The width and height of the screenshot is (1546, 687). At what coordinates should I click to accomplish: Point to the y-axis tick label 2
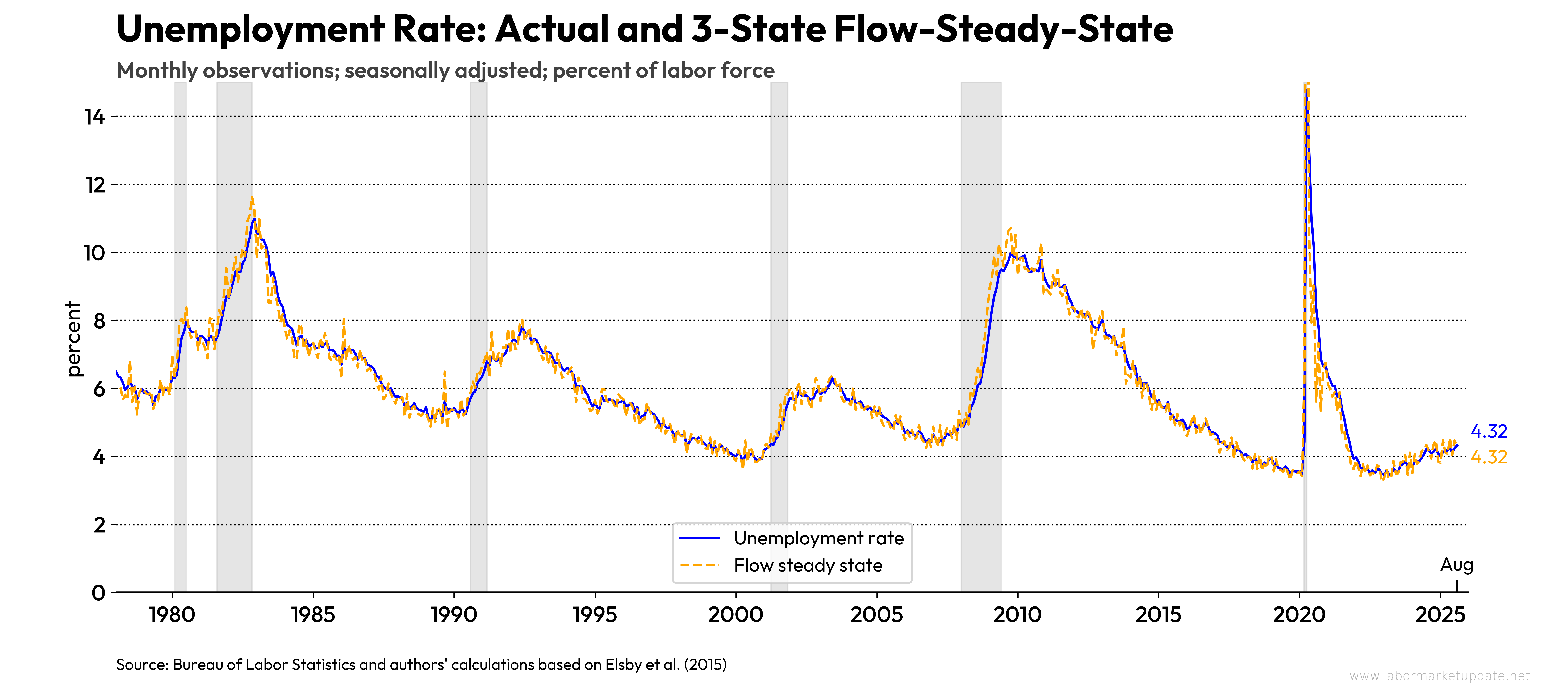(99, 525)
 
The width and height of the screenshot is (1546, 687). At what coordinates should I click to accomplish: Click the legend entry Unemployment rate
(818, 538)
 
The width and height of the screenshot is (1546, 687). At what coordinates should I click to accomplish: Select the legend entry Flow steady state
(808, 565)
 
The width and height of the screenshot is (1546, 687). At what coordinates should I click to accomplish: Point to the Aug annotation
(1456, 565)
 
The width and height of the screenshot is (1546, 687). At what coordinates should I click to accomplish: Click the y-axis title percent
(73, 339)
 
